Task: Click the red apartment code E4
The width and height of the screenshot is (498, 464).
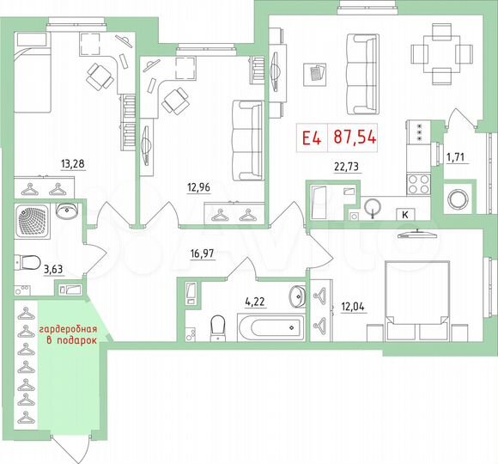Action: [x=311, y=137]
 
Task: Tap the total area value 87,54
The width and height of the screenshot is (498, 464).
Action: [x=355, y=137]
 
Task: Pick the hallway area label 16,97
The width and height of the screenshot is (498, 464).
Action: [x=203, y=252]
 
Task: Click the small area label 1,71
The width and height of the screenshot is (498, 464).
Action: [x=455, y=156]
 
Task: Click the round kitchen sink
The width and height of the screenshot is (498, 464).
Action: [x=373, y=208]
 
